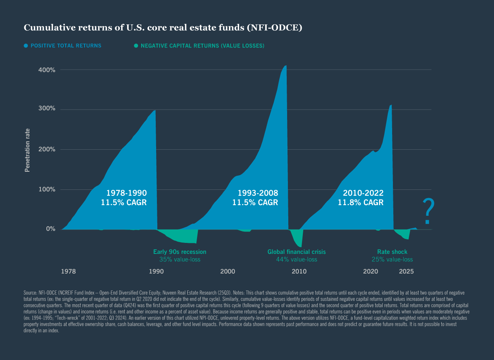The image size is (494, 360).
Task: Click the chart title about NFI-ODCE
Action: click(x=163, y=28)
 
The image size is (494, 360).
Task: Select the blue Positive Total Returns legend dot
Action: click(x=26, y=46)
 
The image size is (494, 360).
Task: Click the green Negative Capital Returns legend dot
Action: click(x=136, y=46)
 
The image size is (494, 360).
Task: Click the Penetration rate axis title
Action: click(x=28, y=150)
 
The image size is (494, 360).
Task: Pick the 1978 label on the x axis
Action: click(x=68, y=272)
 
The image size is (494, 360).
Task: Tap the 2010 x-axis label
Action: click(x=299, y=272)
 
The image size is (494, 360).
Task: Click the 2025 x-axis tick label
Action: click(x=406, y=272)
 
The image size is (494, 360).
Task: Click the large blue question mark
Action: click(x=428, y=212)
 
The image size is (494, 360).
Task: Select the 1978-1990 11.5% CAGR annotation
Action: click(x=126, y=198)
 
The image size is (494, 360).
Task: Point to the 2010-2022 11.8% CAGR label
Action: click(x=361, y=198)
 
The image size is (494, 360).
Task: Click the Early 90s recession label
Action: click(x=179, y=252)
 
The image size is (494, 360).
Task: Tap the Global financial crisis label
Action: click(x=297, y=252)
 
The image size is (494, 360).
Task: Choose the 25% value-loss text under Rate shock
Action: click(x=392, y=259)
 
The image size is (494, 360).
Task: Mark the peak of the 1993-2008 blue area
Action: click(x=286, y=66)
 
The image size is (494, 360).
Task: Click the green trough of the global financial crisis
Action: click(x=300, y=246)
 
